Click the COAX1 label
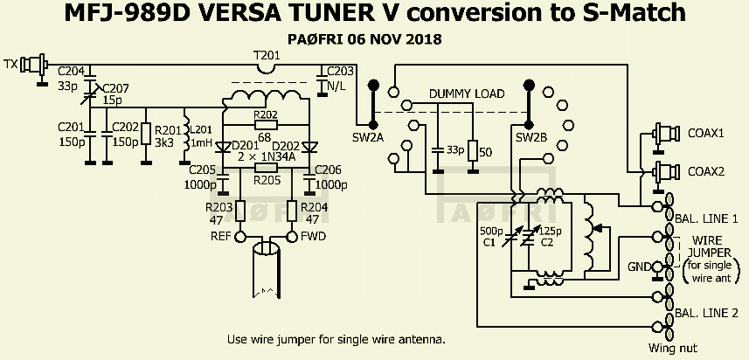tap(705, 134)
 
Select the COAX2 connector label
tap(705, 171)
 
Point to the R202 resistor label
tap(266, 114)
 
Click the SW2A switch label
tap(366, 138)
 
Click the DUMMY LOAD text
tap(466, 94)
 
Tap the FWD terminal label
tap(315, 236)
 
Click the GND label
tap(640, 266)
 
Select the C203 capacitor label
tap(341, 72)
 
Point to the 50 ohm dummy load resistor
tap(473, 151)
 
